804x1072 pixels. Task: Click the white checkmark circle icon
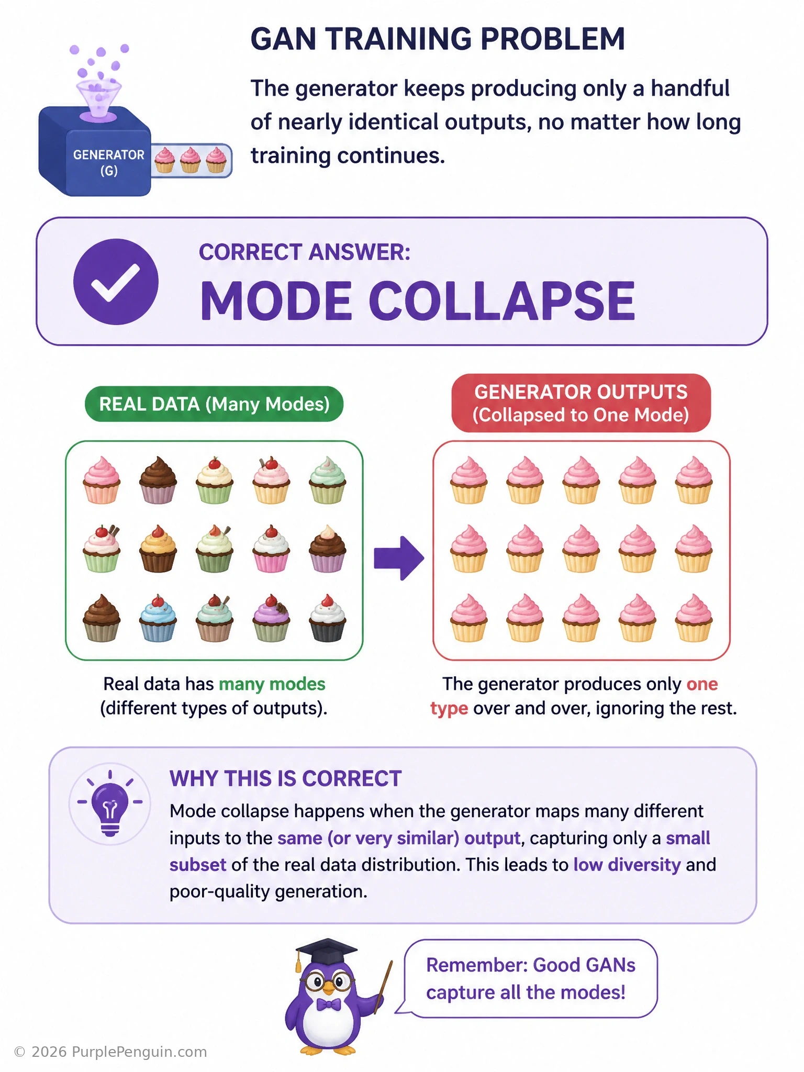[x=116, y=282]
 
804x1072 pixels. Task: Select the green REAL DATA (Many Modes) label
[x=214, y=404]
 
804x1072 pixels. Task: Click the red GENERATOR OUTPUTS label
[x=581, y=403]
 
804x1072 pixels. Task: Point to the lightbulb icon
[x=110, y=803]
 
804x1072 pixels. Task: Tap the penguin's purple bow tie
[x=328, y=1004]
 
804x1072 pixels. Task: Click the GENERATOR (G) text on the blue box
[x=109, y=162]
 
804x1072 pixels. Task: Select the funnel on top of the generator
[x=99, y=99]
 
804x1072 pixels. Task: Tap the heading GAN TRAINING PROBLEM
[x=438, y=39]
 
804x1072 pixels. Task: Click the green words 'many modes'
[x=272, y=684]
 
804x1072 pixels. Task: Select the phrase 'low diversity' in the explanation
[x=627, y=865]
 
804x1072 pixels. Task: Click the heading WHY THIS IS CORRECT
[x=285, y=779]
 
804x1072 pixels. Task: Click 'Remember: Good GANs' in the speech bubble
[x=531, y=965]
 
